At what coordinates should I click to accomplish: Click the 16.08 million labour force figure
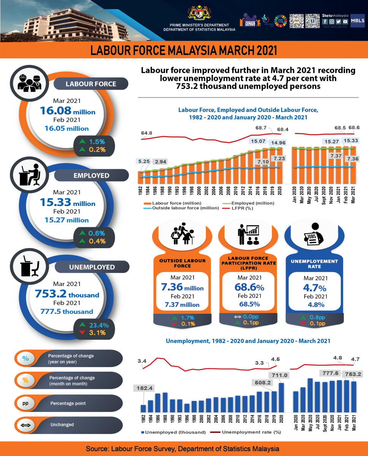[x=67, y=111]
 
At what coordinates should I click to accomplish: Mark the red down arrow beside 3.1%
[x=82, y=333]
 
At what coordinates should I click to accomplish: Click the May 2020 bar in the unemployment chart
[x=310, y=395]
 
